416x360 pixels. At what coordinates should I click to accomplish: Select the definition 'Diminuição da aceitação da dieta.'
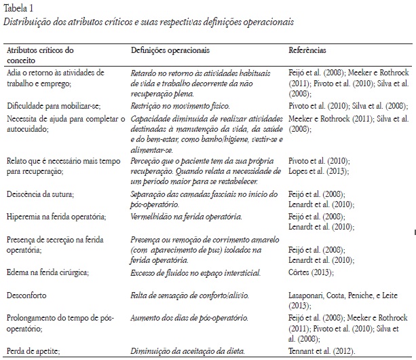(186, 351)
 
